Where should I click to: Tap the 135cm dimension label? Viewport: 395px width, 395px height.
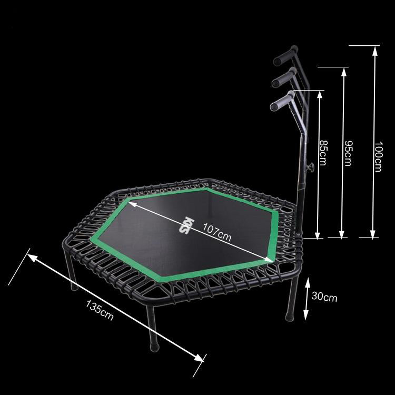click(100, 310)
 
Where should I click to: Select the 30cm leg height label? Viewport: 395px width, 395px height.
click(324, 297)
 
